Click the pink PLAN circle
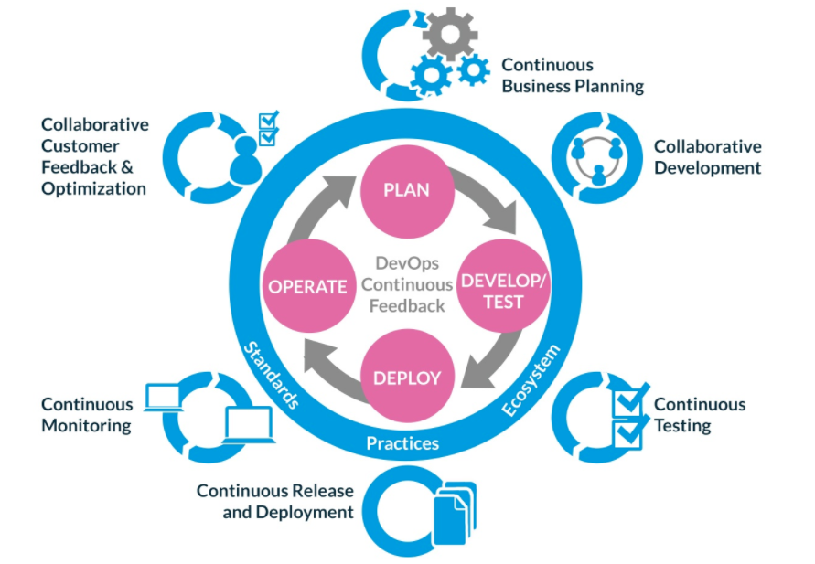[x=406, y=190]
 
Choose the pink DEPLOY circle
[x=406, y=378]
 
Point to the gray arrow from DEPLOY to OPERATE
[x=327, y=364]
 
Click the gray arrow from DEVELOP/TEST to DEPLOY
[x=485, y=364]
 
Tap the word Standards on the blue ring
[x=273, y=375]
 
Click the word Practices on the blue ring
[x=402, y=444]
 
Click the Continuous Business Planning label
[x=573, y=76]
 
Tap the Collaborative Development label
[x=707, y=157]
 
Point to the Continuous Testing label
[x=700, y=415]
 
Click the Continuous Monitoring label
[x=87, y=415]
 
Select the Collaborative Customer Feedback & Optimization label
[x=94, y=156]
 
